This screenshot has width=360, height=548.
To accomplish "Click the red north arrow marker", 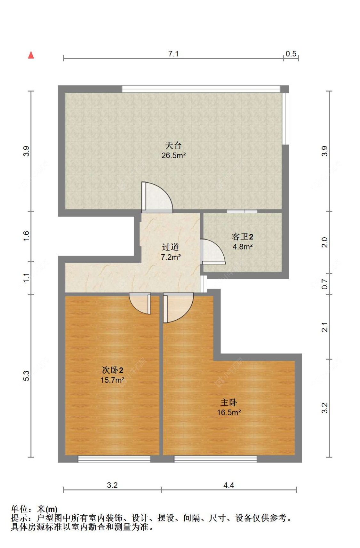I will tap(31, 55).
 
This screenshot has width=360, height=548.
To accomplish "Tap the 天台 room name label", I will tap(173, 146).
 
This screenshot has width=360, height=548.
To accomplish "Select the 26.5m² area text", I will tap(173, 155).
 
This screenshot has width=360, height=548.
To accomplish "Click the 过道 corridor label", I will tap(170, 247).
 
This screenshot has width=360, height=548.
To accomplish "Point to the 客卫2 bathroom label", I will tap(242, 237).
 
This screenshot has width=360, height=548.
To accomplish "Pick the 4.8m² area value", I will tap(243, 247).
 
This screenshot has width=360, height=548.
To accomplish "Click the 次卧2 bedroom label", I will tap(112, 370).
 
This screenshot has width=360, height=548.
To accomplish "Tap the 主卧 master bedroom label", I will tap(228, 402).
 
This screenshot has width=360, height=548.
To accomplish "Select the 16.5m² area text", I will tap(229, 413).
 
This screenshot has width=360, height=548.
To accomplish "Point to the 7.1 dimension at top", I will tap(173, 53).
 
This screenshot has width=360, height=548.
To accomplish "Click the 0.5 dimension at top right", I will tap(291, 53).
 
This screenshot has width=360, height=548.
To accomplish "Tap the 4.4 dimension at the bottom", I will tap(228, 485).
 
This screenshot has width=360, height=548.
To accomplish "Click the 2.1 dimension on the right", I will tap(324, 327).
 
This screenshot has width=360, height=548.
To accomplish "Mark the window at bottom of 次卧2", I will tap(114, 459).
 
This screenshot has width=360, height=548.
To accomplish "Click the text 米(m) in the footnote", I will tap(47, 509).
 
